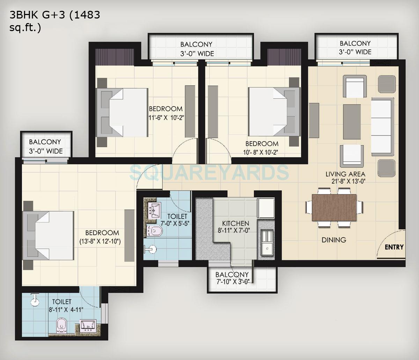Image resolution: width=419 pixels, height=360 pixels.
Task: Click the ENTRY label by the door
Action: (394, 247)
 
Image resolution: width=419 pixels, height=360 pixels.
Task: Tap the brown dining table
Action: (335, 207)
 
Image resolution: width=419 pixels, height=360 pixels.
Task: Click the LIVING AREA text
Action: (345, 174)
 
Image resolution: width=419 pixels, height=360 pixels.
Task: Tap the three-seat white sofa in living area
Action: (382, 126)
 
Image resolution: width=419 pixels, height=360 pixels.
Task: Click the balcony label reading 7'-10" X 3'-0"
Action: (232, 282)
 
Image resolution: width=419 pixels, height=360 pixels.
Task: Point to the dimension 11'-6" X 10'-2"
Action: (166, 117)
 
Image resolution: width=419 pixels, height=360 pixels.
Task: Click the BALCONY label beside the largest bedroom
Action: (45, 142)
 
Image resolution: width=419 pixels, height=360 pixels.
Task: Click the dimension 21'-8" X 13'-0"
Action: (348, 181)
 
